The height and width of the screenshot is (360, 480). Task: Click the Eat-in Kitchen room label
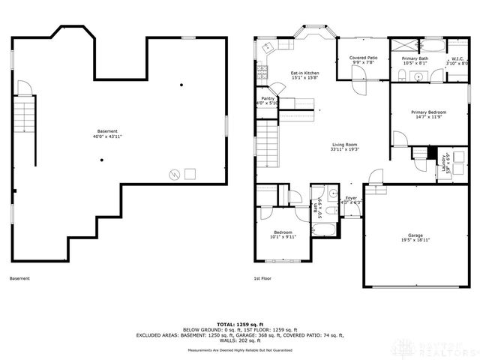[x=305, y=73]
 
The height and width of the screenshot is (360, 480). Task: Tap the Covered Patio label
[x=362, y=58]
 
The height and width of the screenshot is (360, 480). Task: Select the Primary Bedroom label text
[x=429, y=112]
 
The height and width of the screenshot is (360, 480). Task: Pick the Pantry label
[x=268, y=98]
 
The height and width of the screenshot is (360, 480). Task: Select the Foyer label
[x=351, y=198]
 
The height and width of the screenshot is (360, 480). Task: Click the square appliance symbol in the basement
[x=190, y=174]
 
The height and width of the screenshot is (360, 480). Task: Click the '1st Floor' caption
[x=262, y=278]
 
